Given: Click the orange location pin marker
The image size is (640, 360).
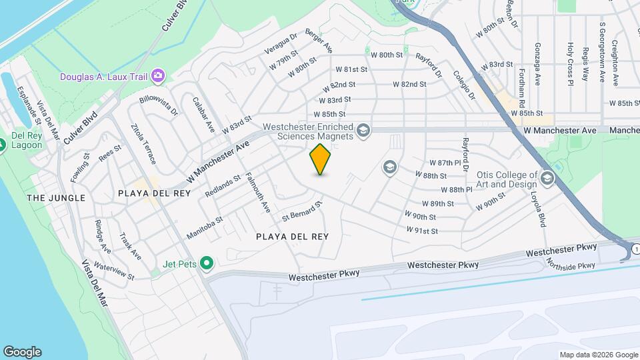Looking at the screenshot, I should (x=321, y=159).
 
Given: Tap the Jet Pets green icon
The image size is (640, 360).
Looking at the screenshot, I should (x=207, y=264).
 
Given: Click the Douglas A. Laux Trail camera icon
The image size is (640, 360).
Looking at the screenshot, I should (x=158, y=76).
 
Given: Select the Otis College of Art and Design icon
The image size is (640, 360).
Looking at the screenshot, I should (x=547, y=177).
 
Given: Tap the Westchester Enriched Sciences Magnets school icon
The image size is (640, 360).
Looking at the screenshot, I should (x=363, y=129).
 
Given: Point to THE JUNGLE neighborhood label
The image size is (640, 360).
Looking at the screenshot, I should (x=56, y=198).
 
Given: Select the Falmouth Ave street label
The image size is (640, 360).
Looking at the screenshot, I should (x=258, y=193).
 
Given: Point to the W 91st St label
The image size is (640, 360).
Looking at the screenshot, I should (x=422, y=231).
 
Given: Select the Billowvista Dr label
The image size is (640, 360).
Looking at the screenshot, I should (x=159, y=107).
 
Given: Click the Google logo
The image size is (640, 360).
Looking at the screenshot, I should (x=22, y=352).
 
